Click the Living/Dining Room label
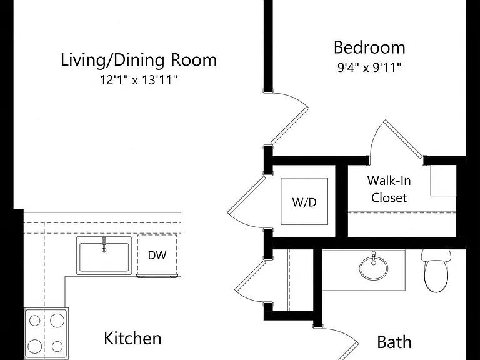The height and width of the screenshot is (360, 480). click(x=139, y=60)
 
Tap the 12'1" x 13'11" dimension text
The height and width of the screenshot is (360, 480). click(x=139, y=80)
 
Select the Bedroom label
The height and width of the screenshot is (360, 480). click(x=369, y=47)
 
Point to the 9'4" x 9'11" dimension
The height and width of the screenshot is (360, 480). click(x=369, y=67)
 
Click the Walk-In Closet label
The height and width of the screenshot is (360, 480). click(x=389, y=189)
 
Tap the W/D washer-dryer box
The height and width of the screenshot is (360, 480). click(x=304, y=201)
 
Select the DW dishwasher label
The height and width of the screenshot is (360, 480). click(x=157, y=255)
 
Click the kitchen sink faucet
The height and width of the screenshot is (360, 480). click(x=104, y=245)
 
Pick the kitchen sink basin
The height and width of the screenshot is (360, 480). click(x=104, y=257)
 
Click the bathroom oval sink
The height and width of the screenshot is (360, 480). click(x=374, y=268)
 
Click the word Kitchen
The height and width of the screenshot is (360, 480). click(x=132, y=339)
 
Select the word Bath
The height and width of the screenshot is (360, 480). click(x=394, y=342)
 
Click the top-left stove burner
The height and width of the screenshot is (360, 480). click(x=35, y=321)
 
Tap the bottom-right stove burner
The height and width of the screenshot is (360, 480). click(x=57, y=346)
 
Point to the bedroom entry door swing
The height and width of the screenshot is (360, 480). click(x=290, y=119)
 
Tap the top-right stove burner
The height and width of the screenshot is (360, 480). click(x=57, y=321)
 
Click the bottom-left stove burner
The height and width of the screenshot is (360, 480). click(x=35, y=346)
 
